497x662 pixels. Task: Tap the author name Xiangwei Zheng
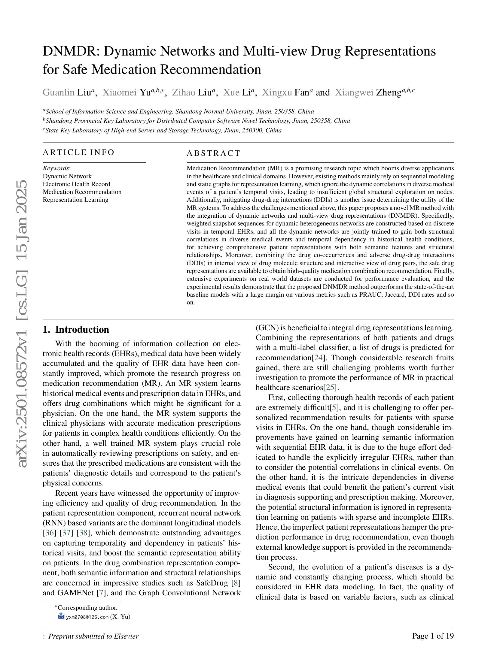[x=368, y=92]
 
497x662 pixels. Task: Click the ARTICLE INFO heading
[x=78, y=152]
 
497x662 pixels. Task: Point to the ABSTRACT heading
[x=213, y=153]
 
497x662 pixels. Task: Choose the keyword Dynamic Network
[x=67, y=176]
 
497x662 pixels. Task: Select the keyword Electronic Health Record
[x=76, y=184]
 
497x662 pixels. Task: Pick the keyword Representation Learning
[x=75, y=200]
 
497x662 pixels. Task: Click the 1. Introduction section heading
[x=76, y=329]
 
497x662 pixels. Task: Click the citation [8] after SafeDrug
[x=236, y=583]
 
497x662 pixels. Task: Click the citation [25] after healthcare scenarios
[x=330, y=387]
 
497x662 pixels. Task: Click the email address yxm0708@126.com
[x=87, y=617]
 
